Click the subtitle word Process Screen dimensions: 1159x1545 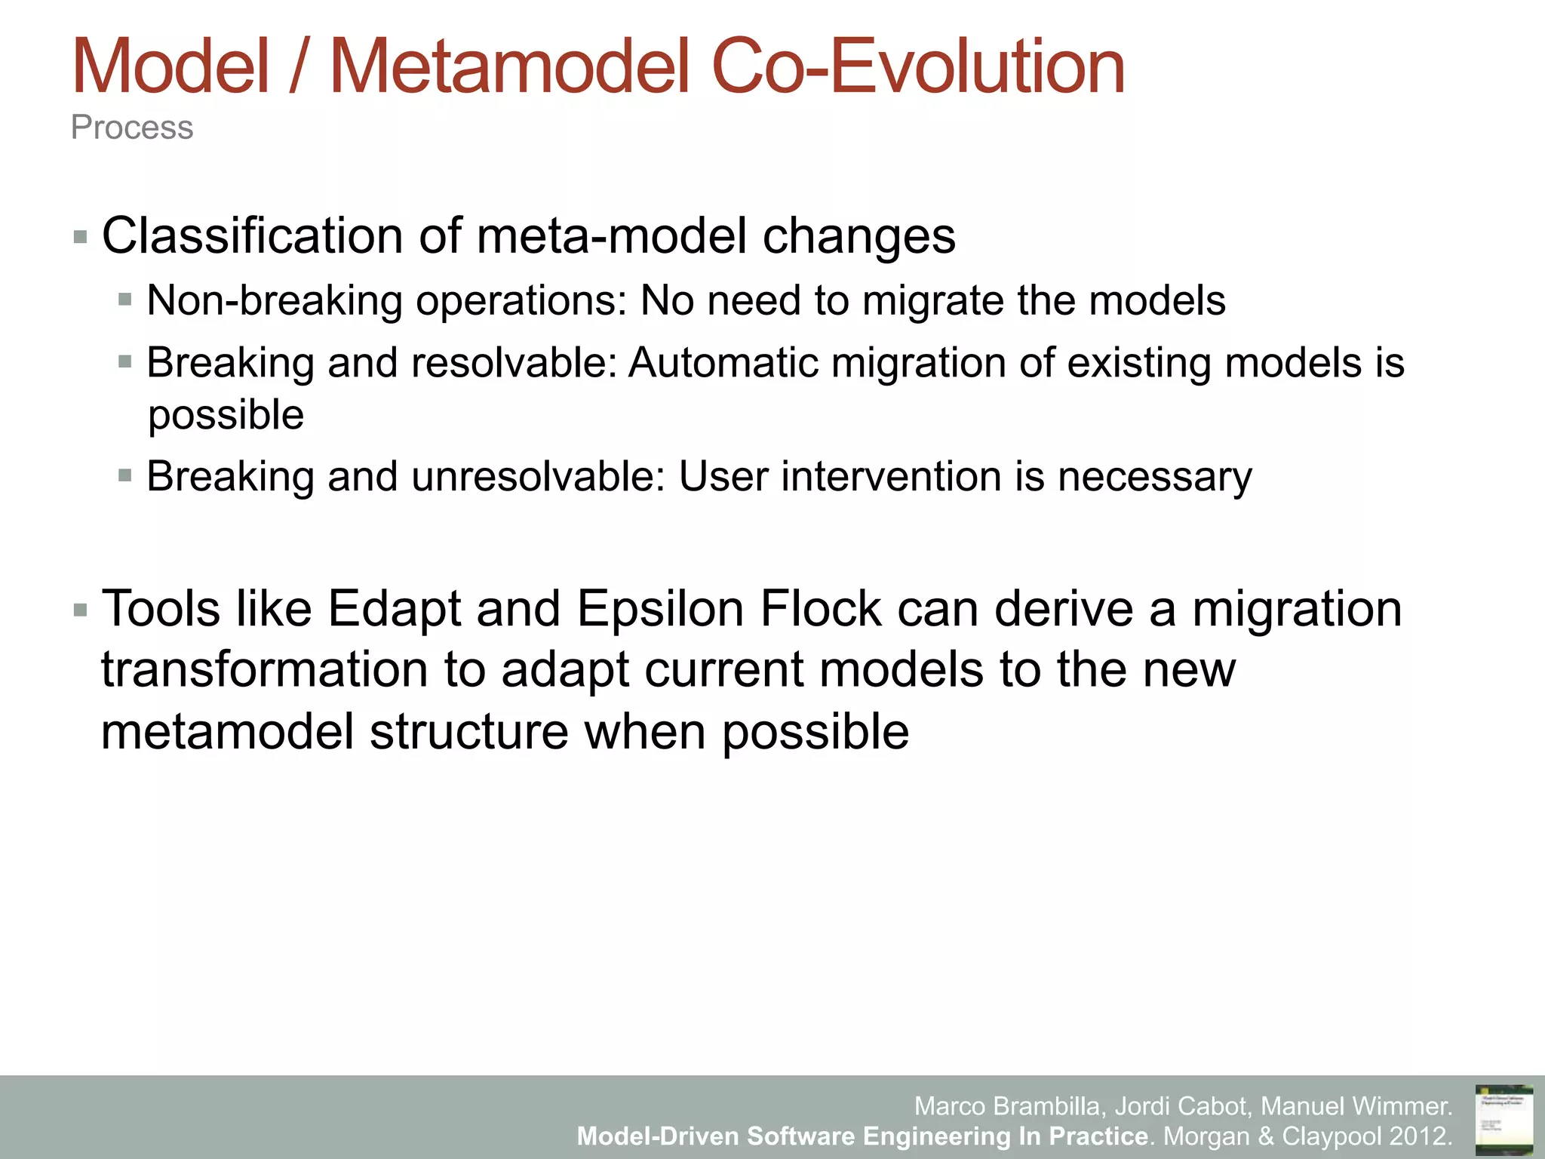click(x=132, y=128)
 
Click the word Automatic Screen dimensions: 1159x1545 click(x=723, y=363)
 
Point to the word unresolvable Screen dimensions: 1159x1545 click(x=538, y=477)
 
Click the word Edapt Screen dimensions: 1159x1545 click(x=394, y=609)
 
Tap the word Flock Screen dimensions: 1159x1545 click(x=821, y=609)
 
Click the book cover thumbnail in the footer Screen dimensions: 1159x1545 click(x=1504, y=1119)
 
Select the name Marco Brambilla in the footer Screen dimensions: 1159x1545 click(x=1009, y=1106)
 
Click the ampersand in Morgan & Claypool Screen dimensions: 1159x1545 click(x=1266, y=1136)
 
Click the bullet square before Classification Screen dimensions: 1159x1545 click(x=81, y=238)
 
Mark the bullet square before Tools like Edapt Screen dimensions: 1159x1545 click(x=81, y=610)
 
